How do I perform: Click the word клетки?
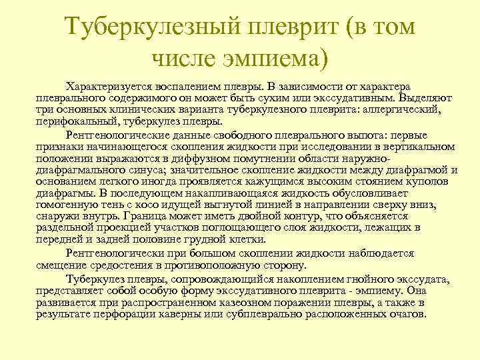coord(248,239)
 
